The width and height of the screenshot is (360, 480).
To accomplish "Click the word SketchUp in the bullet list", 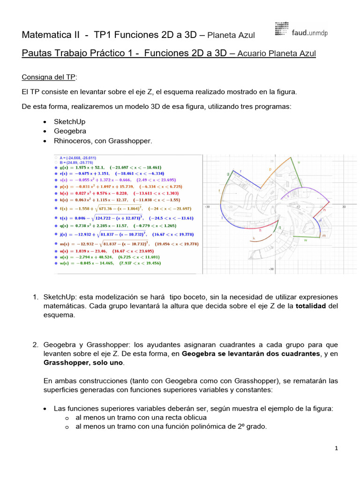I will [x=69, y=122].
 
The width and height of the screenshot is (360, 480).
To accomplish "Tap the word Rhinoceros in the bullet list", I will [x=73, y=141].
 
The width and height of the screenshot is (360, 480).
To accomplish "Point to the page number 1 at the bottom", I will [x=337, y=449].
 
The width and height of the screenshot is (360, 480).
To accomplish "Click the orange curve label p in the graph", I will [x=270, y=169].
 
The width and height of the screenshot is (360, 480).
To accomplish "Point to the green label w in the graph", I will [x=305, y=240].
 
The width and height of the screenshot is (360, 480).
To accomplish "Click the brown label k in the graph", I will [x=254, y=238].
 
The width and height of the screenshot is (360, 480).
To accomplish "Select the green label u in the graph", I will [x=299, y=162].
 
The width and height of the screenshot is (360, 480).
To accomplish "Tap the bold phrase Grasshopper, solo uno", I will [x=82, y=363].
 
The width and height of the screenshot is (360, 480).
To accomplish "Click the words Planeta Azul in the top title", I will [x=231, y=36].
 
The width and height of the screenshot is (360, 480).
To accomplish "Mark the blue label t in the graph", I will [x=222, y=218].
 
